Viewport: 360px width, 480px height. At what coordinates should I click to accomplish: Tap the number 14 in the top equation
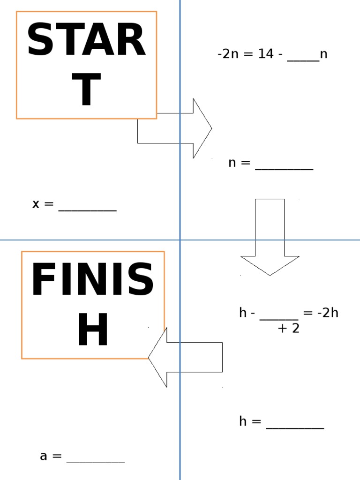tap(266, 54)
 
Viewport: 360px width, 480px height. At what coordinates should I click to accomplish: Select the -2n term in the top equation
tap(228, 54)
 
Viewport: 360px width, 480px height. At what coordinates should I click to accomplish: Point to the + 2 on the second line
tap(288, 329)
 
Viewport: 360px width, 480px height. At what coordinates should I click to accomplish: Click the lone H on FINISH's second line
tap(93, 331)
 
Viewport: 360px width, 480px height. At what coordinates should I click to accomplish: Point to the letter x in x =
tap(36, 204)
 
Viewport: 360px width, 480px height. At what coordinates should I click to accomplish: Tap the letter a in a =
tap(44, 456)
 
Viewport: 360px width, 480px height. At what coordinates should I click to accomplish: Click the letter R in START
tap(130, 41)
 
